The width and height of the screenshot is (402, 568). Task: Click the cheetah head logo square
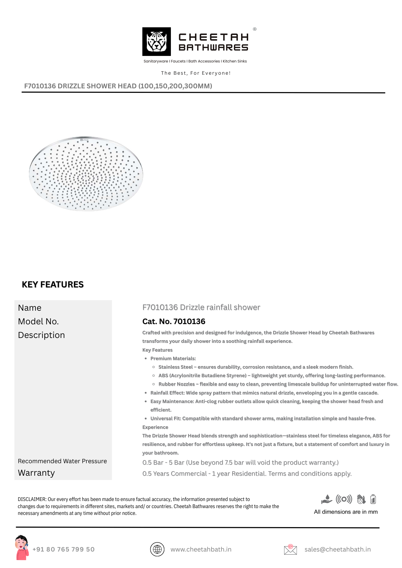156,41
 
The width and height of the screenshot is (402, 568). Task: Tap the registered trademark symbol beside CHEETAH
255,29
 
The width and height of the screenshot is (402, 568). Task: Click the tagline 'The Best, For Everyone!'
196,73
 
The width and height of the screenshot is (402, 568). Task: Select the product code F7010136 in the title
40,86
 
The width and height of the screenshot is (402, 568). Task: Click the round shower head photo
86,174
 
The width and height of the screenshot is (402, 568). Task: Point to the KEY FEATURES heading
53,285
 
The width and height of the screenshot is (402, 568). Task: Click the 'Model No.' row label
38,321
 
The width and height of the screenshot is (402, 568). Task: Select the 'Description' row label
42,335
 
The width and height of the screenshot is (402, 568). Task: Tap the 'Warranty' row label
36,473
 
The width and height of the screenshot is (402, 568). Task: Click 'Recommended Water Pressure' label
62,461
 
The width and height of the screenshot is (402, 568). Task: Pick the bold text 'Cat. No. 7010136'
174,321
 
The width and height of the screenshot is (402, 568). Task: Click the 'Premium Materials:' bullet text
173,358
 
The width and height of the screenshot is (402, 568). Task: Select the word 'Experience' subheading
155,427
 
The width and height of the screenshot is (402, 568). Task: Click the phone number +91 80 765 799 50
63,549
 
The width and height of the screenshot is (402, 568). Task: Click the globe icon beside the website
157,549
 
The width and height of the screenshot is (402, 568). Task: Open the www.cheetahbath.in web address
201,549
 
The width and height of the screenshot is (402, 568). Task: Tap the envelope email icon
290,550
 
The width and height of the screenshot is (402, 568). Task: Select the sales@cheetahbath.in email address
337,549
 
